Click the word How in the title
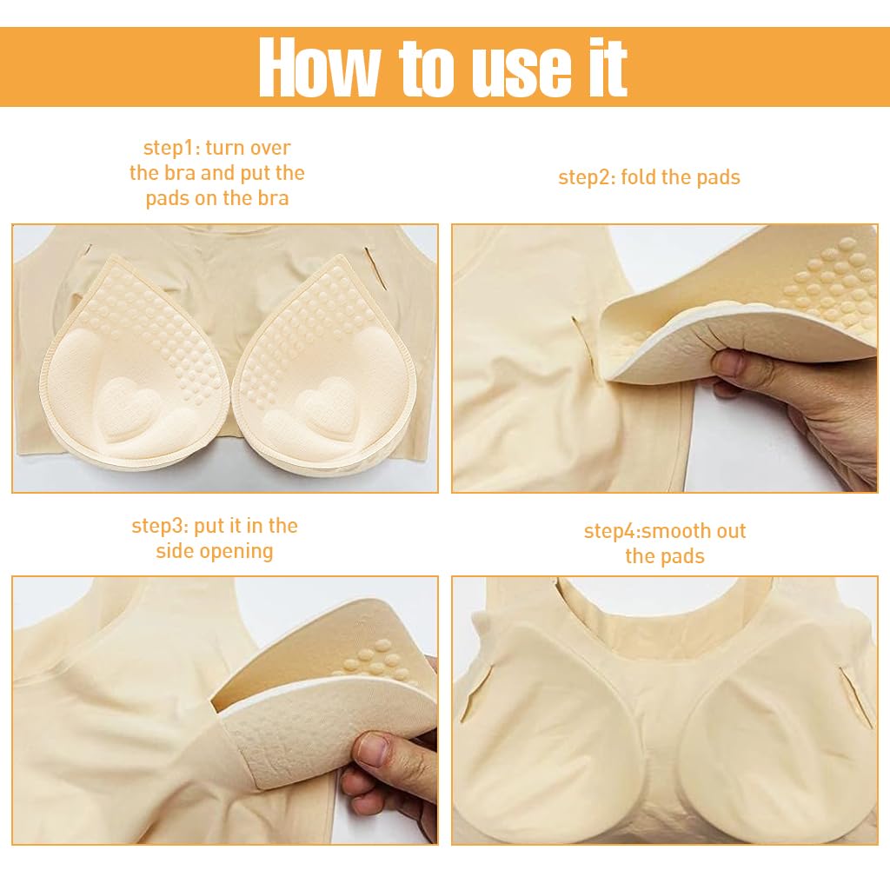pos(319,67)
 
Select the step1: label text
pos(171,148)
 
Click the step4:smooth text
pos(665,531)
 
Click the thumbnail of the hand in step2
pos(727,363)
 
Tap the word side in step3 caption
pos(172,551)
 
